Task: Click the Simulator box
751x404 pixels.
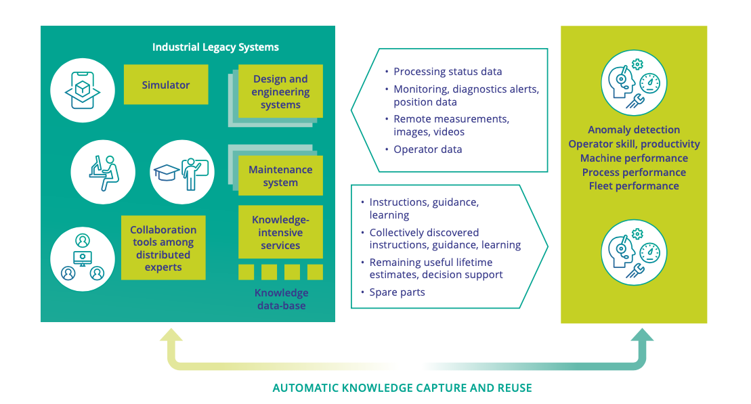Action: pos(166,85)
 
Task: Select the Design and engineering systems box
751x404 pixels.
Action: pos(280,92)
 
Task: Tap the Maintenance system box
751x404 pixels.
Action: pos(280,176)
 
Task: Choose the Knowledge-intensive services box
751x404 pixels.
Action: pos(280,233)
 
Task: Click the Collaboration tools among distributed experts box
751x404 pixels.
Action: pos(163,248)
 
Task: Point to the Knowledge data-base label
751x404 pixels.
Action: pos(281,299)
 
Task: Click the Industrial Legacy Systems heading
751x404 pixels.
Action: pos(215,47)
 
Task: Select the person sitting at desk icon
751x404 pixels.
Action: pos(103,171)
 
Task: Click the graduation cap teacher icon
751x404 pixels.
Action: pos(182,171)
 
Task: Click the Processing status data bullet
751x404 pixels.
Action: pos(448,72)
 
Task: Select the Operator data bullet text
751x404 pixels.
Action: pos(427,150)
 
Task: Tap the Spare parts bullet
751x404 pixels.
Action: pos(397,292)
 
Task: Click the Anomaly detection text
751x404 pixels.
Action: pos(633,130)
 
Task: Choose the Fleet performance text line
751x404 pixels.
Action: pos(633,186)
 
